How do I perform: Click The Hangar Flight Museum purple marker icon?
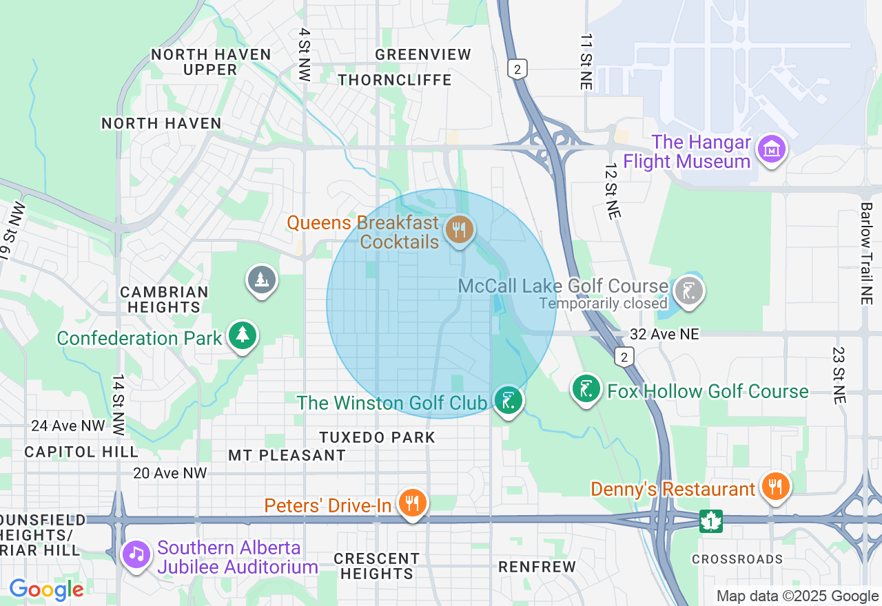(x=771, y=149)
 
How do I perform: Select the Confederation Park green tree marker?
(x=242, y=335)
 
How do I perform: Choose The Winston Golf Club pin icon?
(x=509, y=400)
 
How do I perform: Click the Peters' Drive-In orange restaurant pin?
(x=412, y=503)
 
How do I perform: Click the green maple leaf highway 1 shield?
(x=710, y=521)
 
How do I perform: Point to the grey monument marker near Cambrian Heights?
(x=262, y=280)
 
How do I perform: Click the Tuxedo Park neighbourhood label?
(x=377, y=437)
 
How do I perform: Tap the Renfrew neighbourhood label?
(x=537, y=567)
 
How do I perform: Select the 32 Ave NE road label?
(x=664, y=334)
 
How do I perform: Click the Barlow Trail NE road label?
(x=866, y=253)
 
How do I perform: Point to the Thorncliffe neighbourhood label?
(x=395, y=80)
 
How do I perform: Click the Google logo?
(x=46, y=589)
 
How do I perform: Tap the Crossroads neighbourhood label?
(x=737, y=559)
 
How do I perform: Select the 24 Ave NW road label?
(x=68, y=426)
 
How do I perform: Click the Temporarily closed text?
(x=603, y=303)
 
